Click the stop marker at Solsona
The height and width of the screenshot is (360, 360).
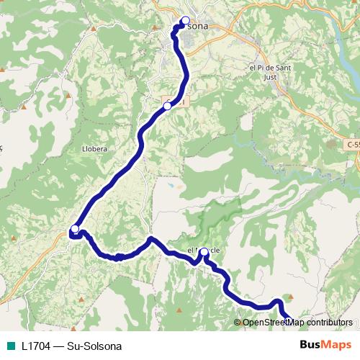(x=186, y=21)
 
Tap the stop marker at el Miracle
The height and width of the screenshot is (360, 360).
(x=204, y=252)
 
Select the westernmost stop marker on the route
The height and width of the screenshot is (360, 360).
(x=74, y=229)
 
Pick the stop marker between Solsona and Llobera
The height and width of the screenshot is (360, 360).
(x=168, y=106)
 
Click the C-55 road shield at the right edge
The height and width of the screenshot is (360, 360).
(x=353, y=145)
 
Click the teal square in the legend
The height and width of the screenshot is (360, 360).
(x=10, y=345)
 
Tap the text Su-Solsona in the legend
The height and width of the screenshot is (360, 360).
(x=94, y=345)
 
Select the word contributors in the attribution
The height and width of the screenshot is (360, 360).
(x=330, y=323)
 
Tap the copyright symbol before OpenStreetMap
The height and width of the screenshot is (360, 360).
(x=238, y=323)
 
